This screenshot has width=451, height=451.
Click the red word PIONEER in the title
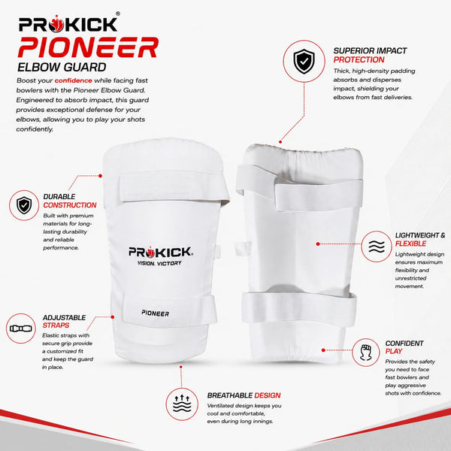point(88,47)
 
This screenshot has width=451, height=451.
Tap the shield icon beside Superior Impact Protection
point(304,62)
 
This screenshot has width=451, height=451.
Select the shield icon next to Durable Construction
point(24,205)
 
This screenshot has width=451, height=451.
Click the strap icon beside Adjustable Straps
point(21,328)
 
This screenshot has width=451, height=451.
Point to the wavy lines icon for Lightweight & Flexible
point(377,247)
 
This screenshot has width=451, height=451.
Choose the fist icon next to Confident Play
point(365,353)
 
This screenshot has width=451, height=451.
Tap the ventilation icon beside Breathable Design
point(182,404)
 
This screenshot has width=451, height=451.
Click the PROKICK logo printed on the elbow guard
point(161,252)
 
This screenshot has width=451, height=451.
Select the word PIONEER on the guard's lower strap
point(156,313)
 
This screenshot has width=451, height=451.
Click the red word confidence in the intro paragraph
point(74,80)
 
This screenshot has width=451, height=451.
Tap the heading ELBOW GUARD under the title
point(62,68)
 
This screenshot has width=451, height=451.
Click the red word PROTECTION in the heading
point(359,60)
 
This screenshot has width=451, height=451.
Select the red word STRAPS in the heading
point(56,325)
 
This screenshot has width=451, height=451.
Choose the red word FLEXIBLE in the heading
point(410,244)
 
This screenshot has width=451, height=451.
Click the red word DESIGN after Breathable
point(267,395)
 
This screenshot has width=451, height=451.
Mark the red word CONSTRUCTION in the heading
point(70,205)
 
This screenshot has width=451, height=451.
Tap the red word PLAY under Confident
point(394,351)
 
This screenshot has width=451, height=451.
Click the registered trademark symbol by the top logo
point(118,14)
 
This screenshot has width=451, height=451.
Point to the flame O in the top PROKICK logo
point(56,24)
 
